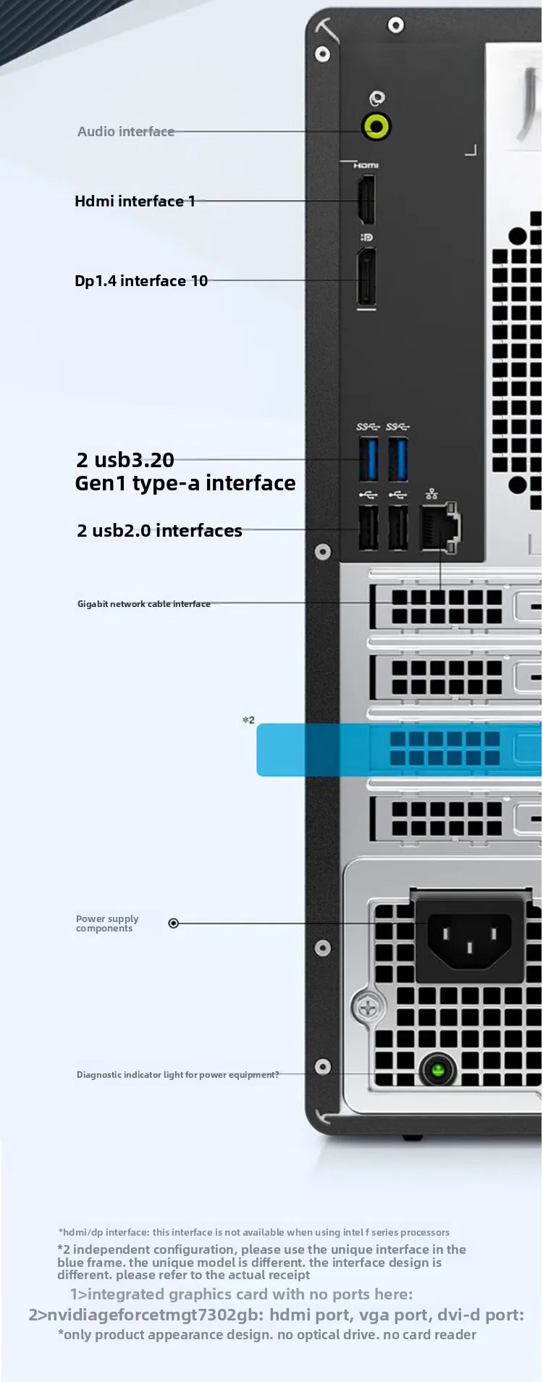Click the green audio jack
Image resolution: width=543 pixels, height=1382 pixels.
[x=376, y=127]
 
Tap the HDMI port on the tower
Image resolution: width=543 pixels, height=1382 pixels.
[x=366, y=199]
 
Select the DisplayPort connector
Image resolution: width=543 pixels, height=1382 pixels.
[x=366, y=276]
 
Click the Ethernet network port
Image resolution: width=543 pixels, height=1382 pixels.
[x=440, y=527]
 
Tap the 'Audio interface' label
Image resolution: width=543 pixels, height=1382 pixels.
[x=126, y=131]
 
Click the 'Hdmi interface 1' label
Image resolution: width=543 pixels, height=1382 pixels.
[x=135, y=201]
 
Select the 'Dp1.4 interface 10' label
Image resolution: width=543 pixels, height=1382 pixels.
[x=141, y=280]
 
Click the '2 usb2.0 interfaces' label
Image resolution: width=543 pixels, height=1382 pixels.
[x=159, y=530]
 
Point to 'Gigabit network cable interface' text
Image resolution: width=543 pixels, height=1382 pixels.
[x=144, y=603]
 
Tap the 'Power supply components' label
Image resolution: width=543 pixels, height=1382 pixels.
[x=107, y=924]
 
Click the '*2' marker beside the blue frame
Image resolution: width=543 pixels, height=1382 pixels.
[x=248, y=720]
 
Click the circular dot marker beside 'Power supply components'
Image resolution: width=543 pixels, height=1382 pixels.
[x=174, y=923]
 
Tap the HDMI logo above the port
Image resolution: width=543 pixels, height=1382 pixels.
[x=366, y=166]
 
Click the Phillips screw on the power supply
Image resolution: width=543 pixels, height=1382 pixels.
[x=369, y=1008]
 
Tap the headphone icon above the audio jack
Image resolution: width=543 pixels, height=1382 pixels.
[x=376, y=98]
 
